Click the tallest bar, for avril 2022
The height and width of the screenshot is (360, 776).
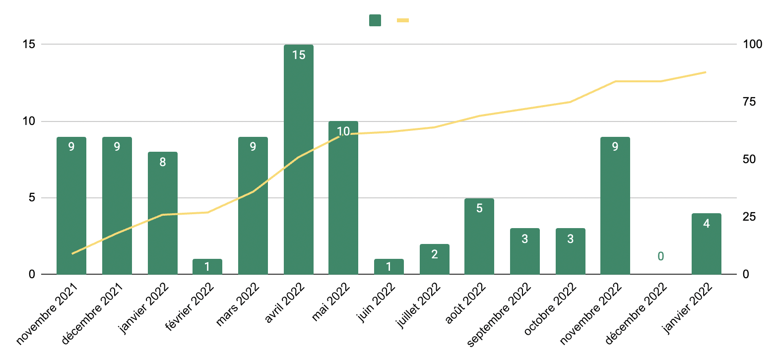pos(298,159)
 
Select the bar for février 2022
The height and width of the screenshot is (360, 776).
pos(207,267)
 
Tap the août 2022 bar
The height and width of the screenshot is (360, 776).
pos(479,236)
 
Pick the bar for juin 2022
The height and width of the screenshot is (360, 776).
pos(388,267)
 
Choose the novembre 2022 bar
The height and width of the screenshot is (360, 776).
pos(615,205)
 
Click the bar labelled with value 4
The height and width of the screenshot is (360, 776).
pos(706,243)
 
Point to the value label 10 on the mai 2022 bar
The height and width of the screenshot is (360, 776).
pos(343,132)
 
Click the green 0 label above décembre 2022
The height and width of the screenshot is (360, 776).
pos(660,256)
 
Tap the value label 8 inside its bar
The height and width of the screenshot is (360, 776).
pos(163,162)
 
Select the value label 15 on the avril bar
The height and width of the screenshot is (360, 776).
pos(298,55)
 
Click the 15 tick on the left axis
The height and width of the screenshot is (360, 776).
pos(28,44)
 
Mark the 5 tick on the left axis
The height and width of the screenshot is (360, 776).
pos(31,198)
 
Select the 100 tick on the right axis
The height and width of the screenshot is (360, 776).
pos(752,44)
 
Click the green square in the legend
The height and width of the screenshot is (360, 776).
pos(375,20)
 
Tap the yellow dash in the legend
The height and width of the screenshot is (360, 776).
pos(402,20)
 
